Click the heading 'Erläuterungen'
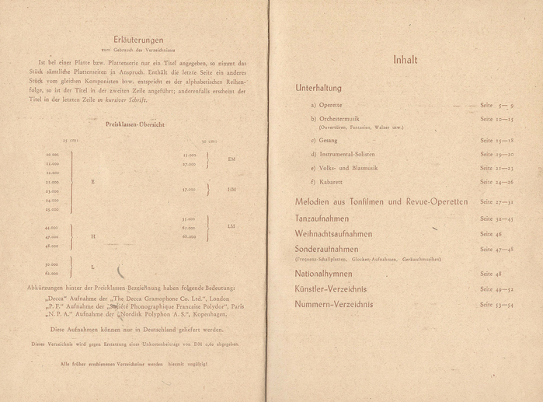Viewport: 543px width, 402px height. tap(137, 40)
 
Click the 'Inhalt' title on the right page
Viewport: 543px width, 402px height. tap(405, 59)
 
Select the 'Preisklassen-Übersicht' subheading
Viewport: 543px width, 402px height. tap(134, 124)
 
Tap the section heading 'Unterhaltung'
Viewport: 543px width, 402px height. tap(318, 88)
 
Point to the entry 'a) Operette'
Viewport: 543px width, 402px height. tap(326, 105)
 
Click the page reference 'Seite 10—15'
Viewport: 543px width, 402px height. tap(496, 119)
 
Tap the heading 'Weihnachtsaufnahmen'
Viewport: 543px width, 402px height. tap(334, 233)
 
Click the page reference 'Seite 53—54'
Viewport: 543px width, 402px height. tap(496, 304)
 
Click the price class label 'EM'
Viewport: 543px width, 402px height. tap(231, 159)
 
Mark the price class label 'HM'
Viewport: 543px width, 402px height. tap(231, 189)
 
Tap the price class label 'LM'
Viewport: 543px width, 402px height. tap(231, 226)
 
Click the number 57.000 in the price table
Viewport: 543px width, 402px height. tap(189, 189)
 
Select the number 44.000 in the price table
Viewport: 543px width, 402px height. tap(52, 227)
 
